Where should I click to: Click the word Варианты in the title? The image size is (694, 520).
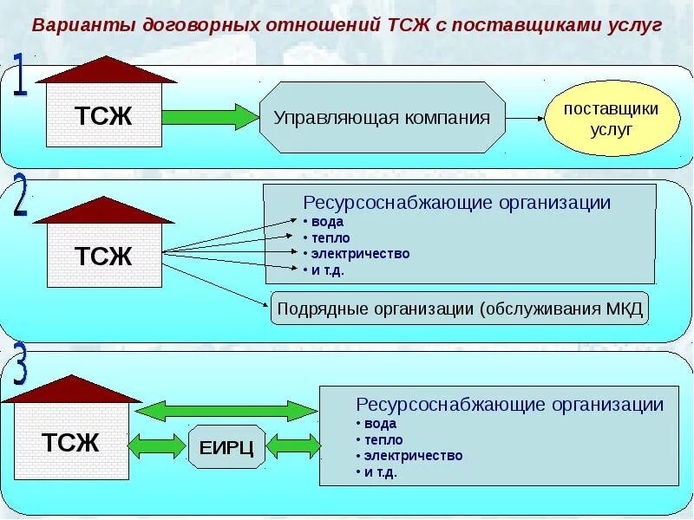pyautogui.click(x=71, y=24)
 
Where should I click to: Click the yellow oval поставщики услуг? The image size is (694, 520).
pyautogui.click(x=612, y=120)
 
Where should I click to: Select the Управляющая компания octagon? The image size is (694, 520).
pyautogui.click(x=382, y=118)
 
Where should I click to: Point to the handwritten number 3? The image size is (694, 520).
pyautogui.click(x=20, y=365)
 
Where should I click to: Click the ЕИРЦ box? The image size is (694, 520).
pyautogui.click(x=226, y=448)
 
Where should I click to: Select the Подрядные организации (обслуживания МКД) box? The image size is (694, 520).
pyautogui.click(x=460, y=309)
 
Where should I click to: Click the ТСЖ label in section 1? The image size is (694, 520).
pyautogui.click(x=102, y=117)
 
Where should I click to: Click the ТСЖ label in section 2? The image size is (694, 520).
pyautogui.click(x=102, y=257)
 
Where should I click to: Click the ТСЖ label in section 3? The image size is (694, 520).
pyautogui.click(x=71, y=443)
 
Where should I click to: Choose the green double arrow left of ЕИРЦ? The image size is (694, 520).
pyautogui.click(x=156, y=446)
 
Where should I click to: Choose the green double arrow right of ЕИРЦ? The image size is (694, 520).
pyautogui.click(x=293, y=446)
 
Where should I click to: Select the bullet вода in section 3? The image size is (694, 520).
pyautogui.click(x=379, y=424)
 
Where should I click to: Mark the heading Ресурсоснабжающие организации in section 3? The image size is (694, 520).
pyautogui.click(x=510, y=404)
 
